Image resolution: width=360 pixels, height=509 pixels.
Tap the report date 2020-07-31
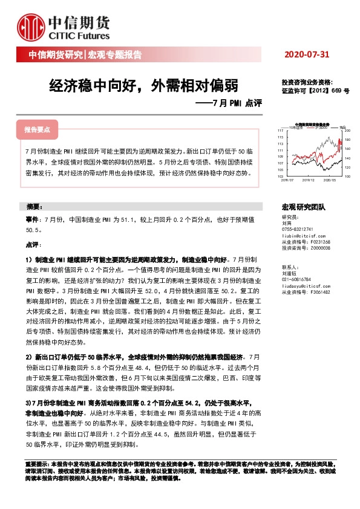click(x=307, y=55)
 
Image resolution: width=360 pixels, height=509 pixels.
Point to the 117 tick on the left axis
click(x=280, y=131)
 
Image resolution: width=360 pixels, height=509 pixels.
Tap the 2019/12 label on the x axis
click(x=310, y=179)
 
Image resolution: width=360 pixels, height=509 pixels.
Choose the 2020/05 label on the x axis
click(x=330, y=179)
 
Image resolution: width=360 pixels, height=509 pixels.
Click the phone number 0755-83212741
click(x=298, y=229)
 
